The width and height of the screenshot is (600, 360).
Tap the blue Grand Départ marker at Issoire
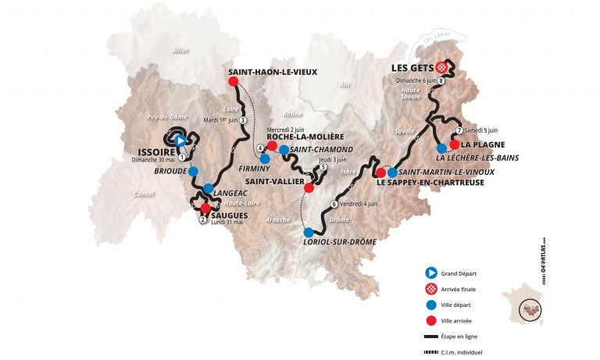coord(180,141)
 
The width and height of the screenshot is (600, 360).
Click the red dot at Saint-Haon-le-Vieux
coord(233,81)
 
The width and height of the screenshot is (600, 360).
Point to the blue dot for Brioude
coord(193,172)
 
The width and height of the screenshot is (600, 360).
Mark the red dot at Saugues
coord(205,208)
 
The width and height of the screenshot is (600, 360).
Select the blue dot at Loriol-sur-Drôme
coord(309,232)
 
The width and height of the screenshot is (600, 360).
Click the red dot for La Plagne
coord(455,144)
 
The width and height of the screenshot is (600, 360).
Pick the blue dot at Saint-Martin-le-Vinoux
coord(392,173)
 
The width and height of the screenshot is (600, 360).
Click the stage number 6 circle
coord(334,205)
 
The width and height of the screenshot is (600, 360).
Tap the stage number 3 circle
coord(243,120)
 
